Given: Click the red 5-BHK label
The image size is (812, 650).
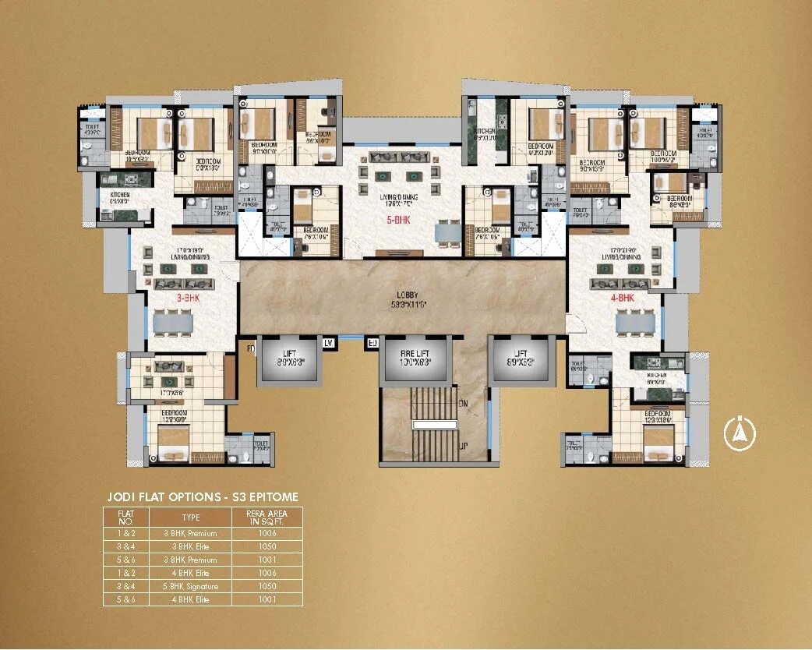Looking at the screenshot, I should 398,221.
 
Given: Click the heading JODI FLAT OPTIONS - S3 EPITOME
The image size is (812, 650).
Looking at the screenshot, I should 202,496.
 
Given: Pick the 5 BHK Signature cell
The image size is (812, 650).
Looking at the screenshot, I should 190,586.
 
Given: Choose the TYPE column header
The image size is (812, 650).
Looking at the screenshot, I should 190,517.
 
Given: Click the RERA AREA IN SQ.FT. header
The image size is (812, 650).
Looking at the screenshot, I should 267,517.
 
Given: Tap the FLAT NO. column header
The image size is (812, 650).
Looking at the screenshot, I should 125,517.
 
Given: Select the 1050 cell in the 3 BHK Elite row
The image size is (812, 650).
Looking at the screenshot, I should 267,547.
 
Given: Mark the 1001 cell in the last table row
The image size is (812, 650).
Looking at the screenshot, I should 267,599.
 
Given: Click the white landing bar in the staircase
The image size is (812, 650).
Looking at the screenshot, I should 435,425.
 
